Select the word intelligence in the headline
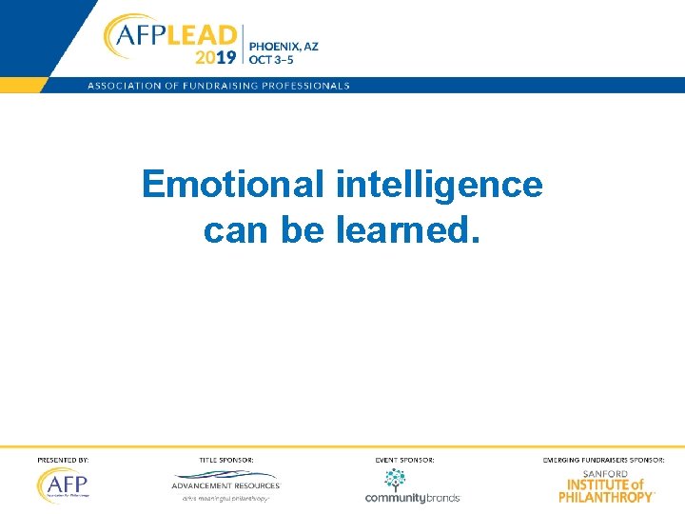click(x=439, y=185)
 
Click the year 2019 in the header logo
click(x=215, y=56)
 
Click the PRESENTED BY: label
click(x=63, y=460)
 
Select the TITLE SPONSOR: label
click(x=226, y=460)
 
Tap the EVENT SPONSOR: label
click(x=405, y=460)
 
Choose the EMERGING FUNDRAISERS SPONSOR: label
click(x=604, y=460)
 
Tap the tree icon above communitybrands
click(x=394, y=479)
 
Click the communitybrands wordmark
click(x=413, y=497)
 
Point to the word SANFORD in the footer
click(x=606, y=473)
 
